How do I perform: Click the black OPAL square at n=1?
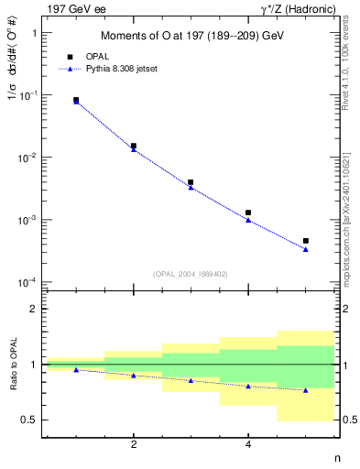[76, 100]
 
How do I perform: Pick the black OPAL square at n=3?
[191, 182]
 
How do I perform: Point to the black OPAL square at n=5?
[305, 241]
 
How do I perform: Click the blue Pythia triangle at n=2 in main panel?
[134, 149]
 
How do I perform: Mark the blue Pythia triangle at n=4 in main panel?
[248, 220]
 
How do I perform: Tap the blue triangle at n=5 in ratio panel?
[305, 390]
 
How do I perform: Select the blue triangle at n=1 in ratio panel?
[76, 369]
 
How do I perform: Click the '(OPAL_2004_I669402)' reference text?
[191, 273]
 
